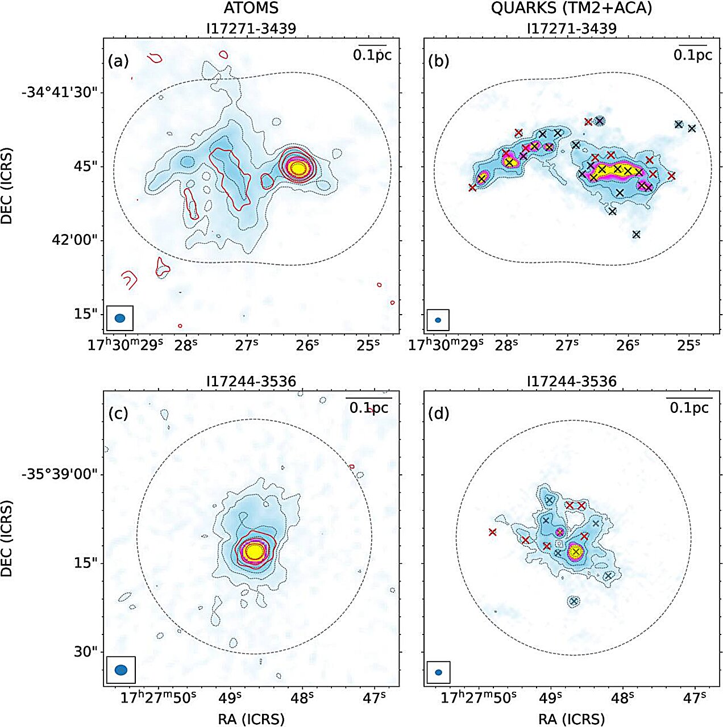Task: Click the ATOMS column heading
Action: point(251,9)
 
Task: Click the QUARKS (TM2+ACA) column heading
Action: point(571,9)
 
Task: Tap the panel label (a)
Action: point(118,61)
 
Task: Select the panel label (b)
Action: point(438,61)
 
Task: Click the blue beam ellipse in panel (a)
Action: point(120,318)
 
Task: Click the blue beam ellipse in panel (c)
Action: point(121,670)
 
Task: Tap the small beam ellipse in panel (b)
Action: point(438,320)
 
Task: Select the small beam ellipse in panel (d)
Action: point(438,672)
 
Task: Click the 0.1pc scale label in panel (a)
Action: point(372,55)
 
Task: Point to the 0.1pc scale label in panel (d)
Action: point(689,408)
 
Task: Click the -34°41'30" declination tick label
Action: point(63,92)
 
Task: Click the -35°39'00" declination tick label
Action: point(63,474)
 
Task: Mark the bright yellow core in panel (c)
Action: point(255,551)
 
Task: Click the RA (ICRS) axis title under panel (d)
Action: point(571,718)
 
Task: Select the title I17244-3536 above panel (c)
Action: point(251,381)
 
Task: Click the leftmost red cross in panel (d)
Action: point(492,532)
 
